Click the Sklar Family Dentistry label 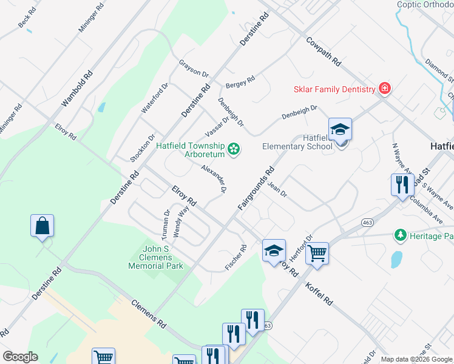(334, 89)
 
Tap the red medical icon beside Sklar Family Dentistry (384, 89)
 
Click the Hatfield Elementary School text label (297, 142)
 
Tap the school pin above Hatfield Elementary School (340, 130)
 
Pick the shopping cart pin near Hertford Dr (317, 254)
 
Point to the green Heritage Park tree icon (400, 234)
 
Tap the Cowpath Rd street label (324, 53)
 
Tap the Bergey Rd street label (240, 81)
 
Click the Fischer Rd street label (236, 257)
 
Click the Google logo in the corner (20, 356)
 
